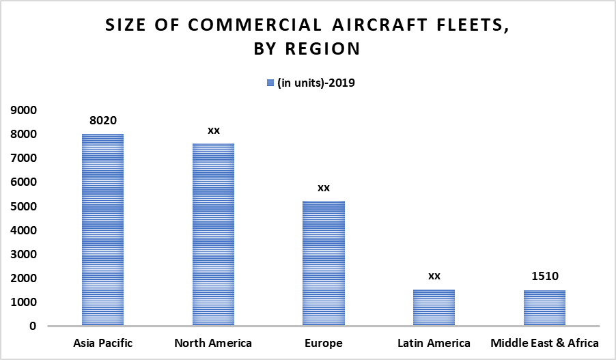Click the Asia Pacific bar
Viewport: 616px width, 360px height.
click(x=102, y=230)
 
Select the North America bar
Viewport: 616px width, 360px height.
click(x=213, y=234)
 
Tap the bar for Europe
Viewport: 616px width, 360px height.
click(x=324, y=263)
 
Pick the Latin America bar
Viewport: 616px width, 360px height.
click(x=434, y=307)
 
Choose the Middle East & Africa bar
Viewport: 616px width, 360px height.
click(x=544, y=308)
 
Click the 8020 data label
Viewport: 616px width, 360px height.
click(x=102, y=120)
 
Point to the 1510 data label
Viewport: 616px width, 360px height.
click(x=544, y=276)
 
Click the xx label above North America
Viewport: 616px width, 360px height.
click(x=213, y=130)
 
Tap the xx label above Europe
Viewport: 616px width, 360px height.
click(x=324, y=187)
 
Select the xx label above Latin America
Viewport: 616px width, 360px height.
click(x=434, y=276)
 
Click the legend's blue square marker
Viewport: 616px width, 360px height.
click(x=270, y=83)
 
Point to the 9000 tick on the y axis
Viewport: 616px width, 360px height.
click(x=24, y=110)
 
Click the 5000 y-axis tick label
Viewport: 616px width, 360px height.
click(x=24, y=206)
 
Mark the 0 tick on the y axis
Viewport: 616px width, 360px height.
click(x=33, y=326)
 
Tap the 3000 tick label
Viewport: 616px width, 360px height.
click(x=24, y=254)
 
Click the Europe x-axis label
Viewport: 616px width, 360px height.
click(x=324, y=343)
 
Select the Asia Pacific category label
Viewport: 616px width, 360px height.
click(x=102, y=343)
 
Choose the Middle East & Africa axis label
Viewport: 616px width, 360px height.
click(x=544, y=343)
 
